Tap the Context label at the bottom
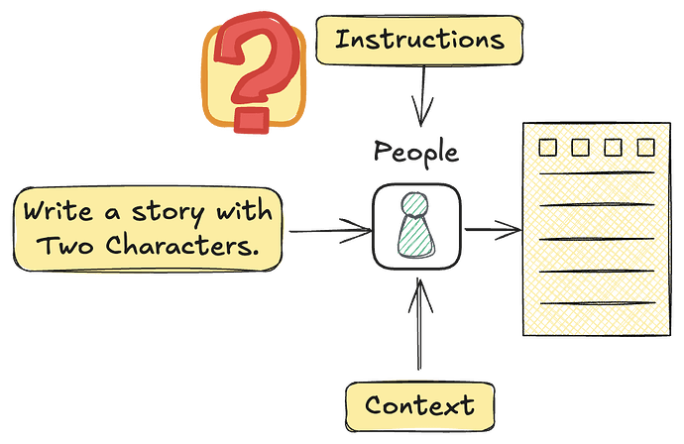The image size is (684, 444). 418,405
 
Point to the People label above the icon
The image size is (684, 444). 415,153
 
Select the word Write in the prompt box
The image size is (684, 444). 57,212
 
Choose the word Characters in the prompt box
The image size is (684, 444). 169,245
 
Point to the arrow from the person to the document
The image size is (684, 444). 491,231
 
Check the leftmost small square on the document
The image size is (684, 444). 545,148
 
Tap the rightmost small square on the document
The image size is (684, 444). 645,148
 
